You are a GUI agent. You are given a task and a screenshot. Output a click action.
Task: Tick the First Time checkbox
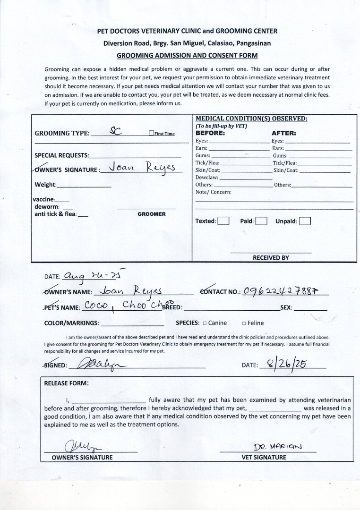(x=151, y=134)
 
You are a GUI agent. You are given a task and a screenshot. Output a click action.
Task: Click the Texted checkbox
(x=223, y=221)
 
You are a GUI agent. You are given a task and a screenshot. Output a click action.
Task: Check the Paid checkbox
(x=261, y=221)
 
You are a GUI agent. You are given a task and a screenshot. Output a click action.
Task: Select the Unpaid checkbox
(x=305, y=221)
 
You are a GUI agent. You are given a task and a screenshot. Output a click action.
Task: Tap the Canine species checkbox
(x=205, y=323)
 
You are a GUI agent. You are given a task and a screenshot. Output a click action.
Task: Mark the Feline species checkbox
(x=244, y=323)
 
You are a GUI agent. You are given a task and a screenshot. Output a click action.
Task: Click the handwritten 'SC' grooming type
(x=116, y=132)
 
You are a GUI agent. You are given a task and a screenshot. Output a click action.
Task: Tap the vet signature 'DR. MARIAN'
(x=278, y=447)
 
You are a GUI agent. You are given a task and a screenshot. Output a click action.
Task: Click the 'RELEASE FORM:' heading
(x=66, y=383)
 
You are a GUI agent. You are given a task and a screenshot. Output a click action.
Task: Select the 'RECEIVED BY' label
(x=271, y=258)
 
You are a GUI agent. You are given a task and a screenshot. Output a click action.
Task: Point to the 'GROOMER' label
(x=152, y=214)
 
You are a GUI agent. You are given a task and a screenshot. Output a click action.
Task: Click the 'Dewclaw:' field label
(x=207, y=178)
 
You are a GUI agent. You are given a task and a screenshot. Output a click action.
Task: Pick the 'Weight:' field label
(x=45, y=185)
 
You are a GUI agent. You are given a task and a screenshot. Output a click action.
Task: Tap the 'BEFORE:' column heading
(x=210, y=133)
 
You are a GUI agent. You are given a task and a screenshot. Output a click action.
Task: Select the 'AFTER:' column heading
(x=283, y=133)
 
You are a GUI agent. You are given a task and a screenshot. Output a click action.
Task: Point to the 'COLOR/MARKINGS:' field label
(x=71, y=323)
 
